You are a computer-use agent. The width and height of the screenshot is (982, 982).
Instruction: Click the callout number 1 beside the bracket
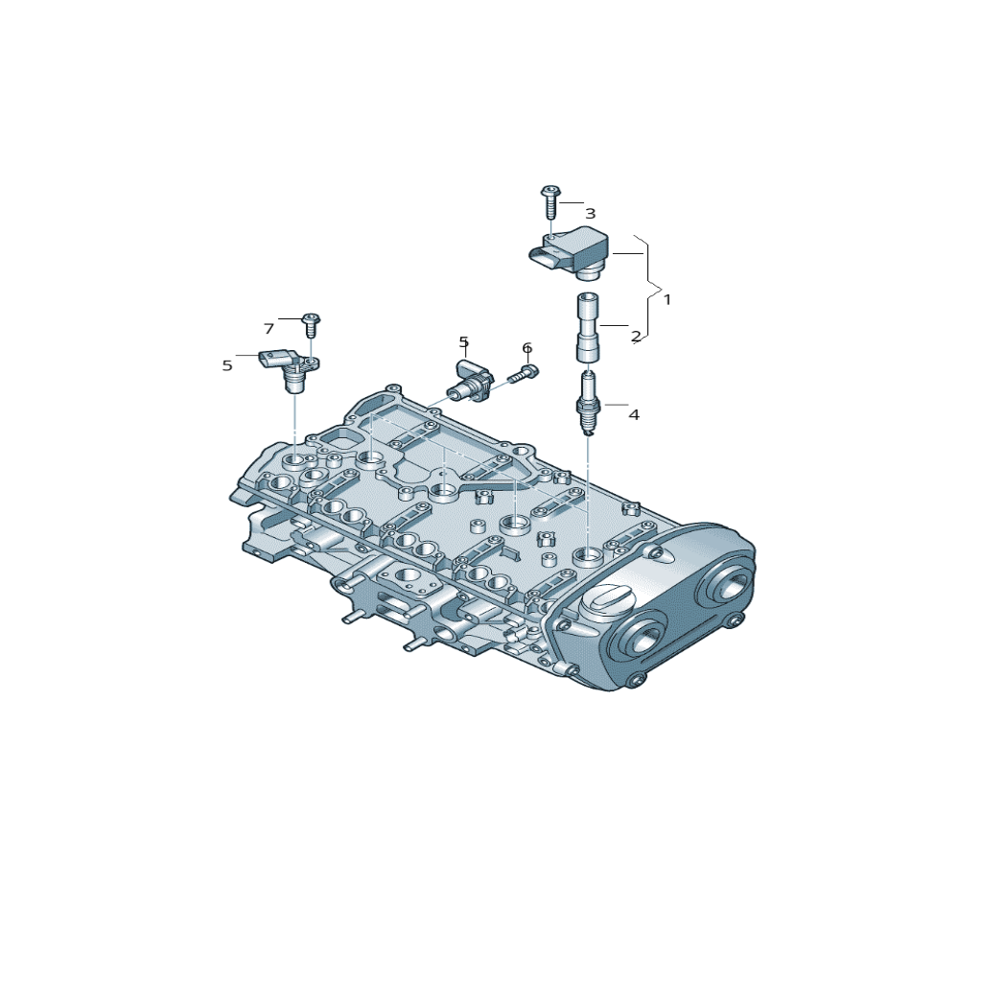coord(667,300)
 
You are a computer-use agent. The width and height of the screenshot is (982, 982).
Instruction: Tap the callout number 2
coord(636,337)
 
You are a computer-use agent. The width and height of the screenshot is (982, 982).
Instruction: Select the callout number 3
coord(590,214)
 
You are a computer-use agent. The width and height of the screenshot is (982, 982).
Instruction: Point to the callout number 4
coord(634,414)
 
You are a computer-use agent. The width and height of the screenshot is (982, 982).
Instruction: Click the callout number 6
coord(526,348)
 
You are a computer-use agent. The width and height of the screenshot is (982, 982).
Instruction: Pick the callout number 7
coord(269,329)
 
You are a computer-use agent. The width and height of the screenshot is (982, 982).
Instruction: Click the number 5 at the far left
coord(227,365)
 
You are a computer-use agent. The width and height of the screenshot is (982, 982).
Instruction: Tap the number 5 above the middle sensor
coord(463,342)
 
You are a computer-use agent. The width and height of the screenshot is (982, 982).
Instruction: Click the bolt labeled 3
coord(550,201)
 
